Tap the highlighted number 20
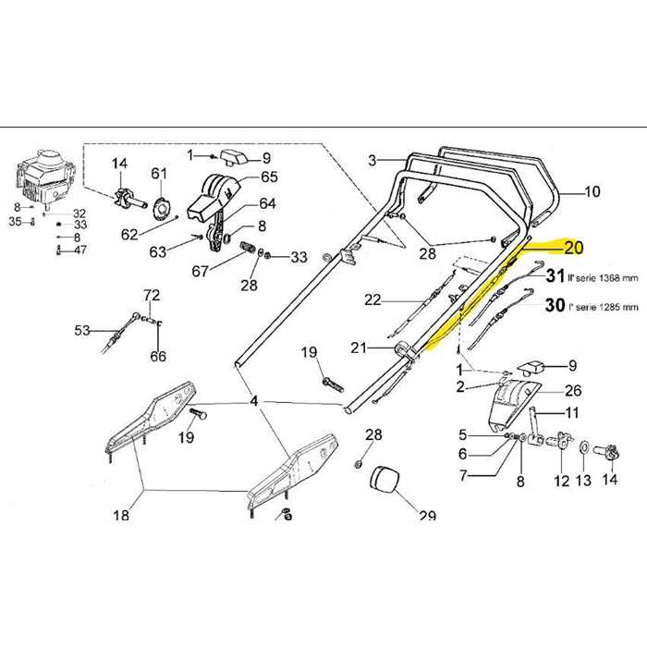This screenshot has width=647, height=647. pyautogui.click(x=573, y=247)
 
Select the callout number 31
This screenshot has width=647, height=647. pyautogui.click(x=555, y=275)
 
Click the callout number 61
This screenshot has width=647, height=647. pyautogui.click(x=159, y=173)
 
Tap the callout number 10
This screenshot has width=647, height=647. pyautogui.click(x=592, y=192)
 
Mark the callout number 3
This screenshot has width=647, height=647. pyautogui.click(x=372, y=160)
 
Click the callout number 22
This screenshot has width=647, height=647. pyautogui.click(x=372, y=299)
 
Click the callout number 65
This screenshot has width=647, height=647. pyautogui.click(x=269, y=177)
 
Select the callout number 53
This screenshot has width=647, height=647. pyautogui.click(x=83, y=329)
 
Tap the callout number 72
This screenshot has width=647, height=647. pyautogui.click(x=152, y=295)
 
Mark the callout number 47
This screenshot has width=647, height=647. pyautogui.click(x=80, y=250)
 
